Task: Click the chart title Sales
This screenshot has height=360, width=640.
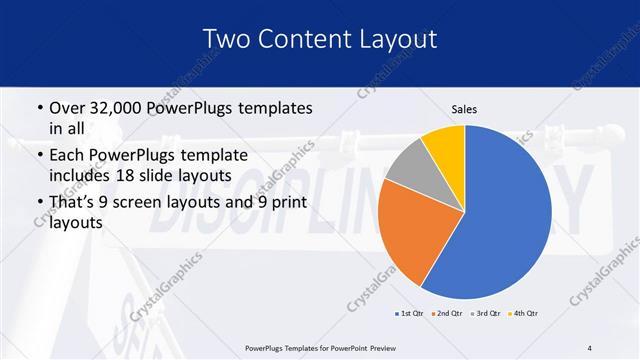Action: tap(464, 109)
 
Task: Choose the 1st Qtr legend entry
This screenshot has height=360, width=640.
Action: tap(410, 314)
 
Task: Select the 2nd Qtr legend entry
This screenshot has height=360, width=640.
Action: tap(447, 314)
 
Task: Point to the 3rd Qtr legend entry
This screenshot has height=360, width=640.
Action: tap(485, 314)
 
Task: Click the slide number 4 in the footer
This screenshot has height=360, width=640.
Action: tap(590, 348)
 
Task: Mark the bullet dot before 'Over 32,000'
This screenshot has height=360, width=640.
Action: tap(39, 107)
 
